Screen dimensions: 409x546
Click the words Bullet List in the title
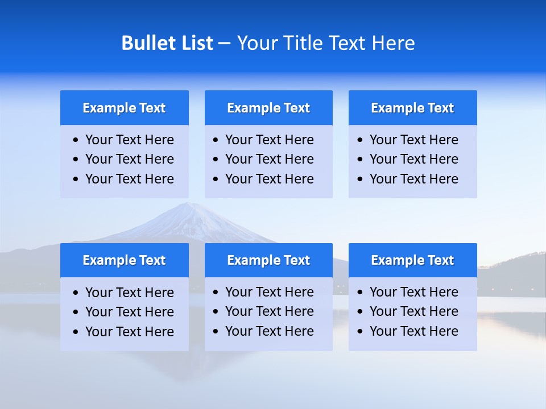(x=167, y=43)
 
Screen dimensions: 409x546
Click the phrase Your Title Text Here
(x=326, y=43)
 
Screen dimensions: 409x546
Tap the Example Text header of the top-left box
(x=124, y=108)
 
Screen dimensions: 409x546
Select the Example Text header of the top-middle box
(x=268, y=108)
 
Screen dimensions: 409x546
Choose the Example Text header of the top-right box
(x=412, y=108)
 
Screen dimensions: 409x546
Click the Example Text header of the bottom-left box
(x=124, y=260)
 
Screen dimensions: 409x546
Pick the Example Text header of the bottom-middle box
(x=268, y=260)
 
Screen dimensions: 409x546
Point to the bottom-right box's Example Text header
(x=412, y=260)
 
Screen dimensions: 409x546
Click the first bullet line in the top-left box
(x=129, y=140)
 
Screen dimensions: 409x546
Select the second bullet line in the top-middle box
(x=269, y=159)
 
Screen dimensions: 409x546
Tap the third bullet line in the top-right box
(x=413, y=179)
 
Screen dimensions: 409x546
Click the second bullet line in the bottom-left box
(x=129, y=312)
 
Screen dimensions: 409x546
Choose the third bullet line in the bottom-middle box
(x=269, y=331)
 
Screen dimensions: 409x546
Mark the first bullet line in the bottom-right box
(x=413, y=292)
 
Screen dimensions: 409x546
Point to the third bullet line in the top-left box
(x=129, y=179)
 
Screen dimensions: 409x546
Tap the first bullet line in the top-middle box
(x=269, y=140)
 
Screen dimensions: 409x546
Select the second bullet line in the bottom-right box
(x=413, y=311)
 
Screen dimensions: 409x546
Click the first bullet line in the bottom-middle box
(x=269, y=292)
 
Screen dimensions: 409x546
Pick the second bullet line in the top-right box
(x=413, y=159)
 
